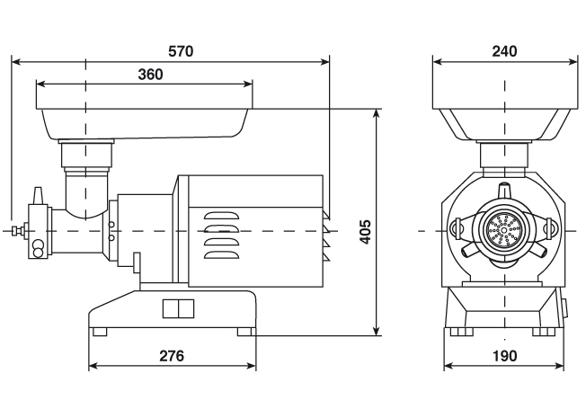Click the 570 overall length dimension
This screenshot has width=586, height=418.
(181, 51)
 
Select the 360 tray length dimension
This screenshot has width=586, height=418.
(151, 75)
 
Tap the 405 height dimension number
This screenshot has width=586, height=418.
(365, 232)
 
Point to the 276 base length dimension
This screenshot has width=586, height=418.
(172, 356)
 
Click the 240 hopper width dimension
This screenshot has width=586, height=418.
(504, 51)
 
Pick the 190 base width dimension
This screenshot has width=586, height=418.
(504, 356)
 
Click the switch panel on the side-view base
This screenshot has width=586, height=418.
(178, 308)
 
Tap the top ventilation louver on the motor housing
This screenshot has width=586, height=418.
(221, 216)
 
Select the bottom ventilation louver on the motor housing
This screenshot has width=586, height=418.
(221, 254)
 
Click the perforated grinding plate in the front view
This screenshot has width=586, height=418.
(505, 231)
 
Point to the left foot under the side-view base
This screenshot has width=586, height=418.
(100, 332)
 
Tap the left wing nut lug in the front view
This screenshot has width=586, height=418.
(456, 227)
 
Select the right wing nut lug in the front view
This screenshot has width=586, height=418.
(552, 227)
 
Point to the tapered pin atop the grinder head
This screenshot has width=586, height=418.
(38, 196)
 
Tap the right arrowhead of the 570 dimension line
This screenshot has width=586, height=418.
(325, 62)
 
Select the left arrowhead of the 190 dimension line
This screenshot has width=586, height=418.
(448, 366)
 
